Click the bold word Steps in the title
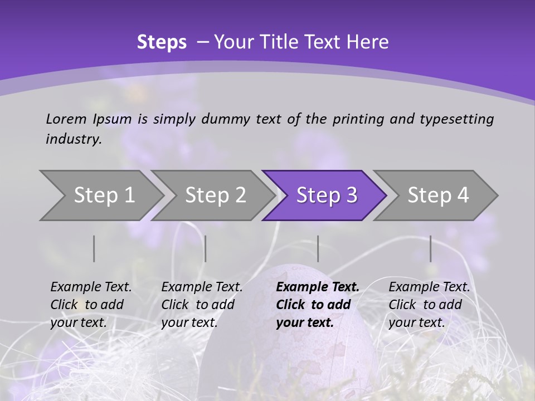(162, 42)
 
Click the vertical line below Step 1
(94, 248)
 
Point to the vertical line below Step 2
(206, 248)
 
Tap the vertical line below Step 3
(318, 248)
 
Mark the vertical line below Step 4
(430, 248)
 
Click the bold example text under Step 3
(317, 305)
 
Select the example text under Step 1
(90, 305)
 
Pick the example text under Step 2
(201, 305)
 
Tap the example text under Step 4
(429, 305)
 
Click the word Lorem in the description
(66, 119)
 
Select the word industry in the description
(73, 139)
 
